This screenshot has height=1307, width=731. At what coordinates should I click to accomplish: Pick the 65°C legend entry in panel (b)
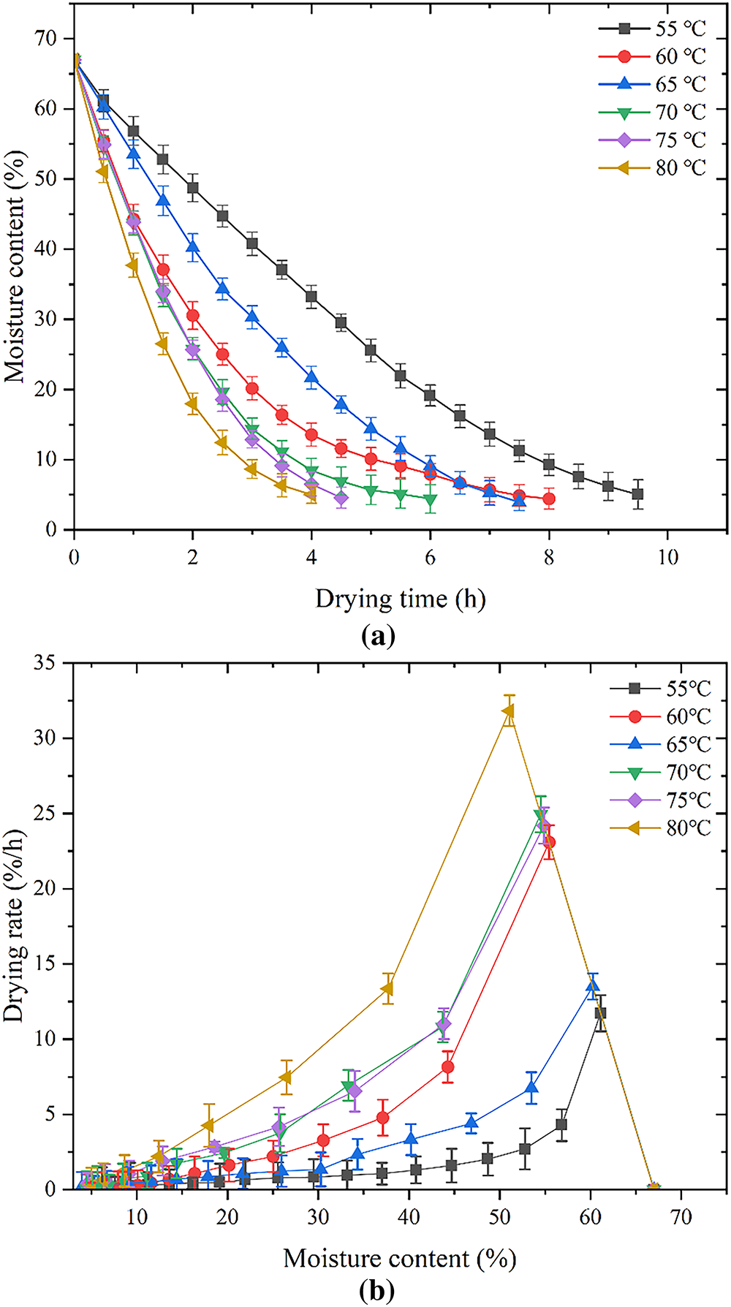click(662, 744)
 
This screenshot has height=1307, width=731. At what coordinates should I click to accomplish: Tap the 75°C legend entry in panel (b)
click(662, 800)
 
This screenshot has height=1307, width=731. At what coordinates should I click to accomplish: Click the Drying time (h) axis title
click(400, 599)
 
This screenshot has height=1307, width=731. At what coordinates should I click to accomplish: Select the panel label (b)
click(378, 1292)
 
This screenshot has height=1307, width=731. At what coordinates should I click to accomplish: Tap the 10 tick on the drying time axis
click(667, 558)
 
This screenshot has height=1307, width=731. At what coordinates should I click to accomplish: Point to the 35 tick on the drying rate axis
click(48, 663)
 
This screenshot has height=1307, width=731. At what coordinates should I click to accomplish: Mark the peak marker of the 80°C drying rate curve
click(507, 711)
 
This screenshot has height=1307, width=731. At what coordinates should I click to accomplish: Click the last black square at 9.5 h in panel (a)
click(637, 494)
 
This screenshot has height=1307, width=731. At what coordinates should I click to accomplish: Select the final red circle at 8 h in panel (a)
click(549, 499)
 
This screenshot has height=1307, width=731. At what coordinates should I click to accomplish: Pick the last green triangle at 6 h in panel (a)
click(431, 500)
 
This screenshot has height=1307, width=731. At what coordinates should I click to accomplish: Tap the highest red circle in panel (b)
click(549, 842)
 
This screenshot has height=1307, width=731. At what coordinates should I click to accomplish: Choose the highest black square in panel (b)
click(600, 1013)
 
